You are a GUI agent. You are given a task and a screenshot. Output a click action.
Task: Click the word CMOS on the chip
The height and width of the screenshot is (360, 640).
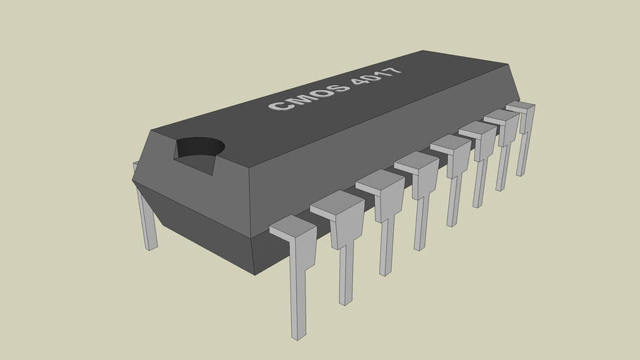pos(309,97)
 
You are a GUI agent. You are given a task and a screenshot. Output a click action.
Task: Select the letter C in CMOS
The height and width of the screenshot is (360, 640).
pos(280,106)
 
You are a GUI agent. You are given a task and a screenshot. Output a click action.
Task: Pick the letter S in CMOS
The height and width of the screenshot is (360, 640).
pos(339,88)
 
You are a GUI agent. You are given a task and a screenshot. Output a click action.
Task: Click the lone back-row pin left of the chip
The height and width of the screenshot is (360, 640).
pos(147,218)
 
